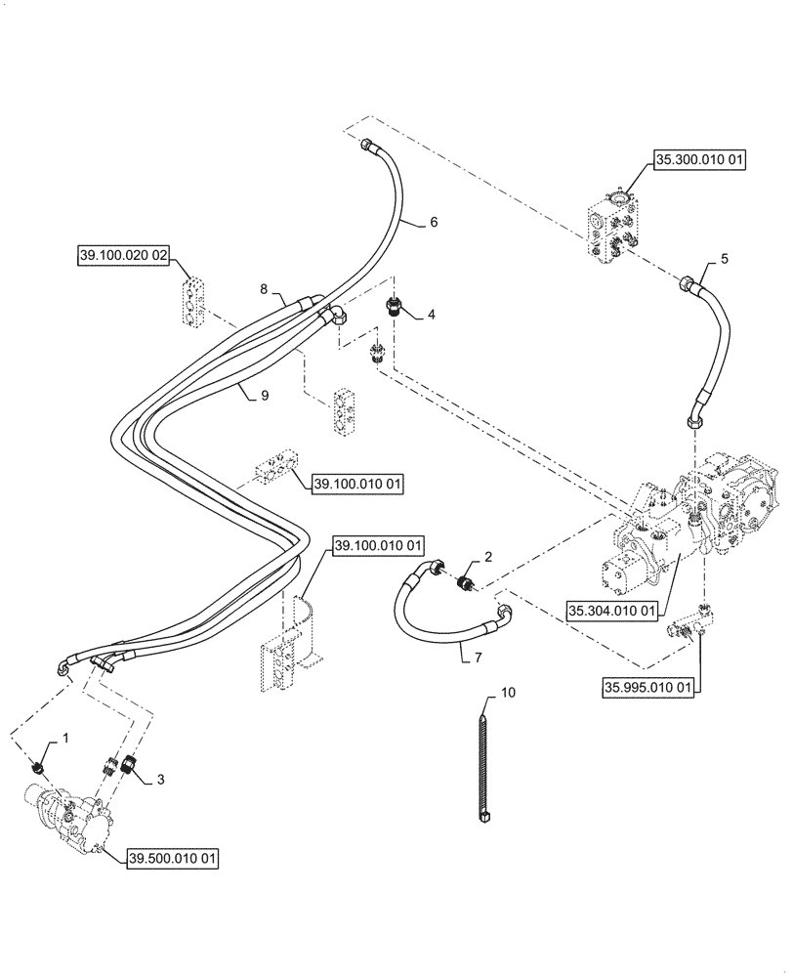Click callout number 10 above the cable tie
click(507, 693)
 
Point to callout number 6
click(433, 222)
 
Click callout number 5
click(724, 258)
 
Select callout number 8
click(263, 288)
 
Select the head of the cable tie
click(484, 814)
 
